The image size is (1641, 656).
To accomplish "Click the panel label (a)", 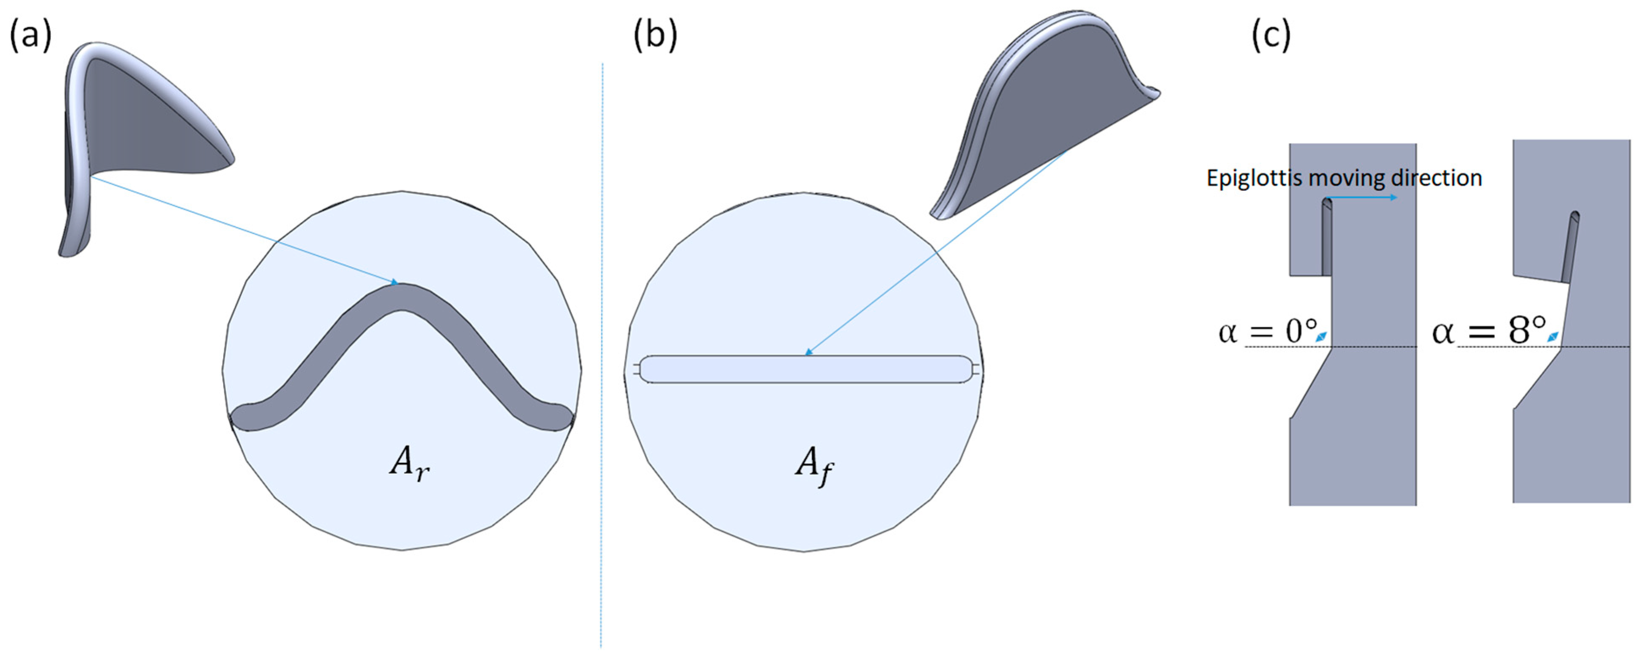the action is pyautogui.click(x=30, y=35).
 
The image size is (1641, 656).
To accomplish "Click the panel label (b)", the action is pyautogui.click(x=655, y=35).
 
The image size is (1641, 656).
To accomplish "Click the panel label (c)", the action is pyautogui.click(x=1271, y=35).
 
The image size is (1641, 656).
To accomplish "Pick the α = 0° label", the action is pyautogui.click(x=1267, y=332).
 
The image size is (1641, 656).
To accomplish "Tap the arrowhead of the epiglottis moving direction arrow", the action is pyautogui.click(x=1393, y=198).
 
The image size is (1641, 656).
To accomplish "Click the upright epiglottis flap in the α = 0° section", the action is pyautogui.click(x=1326, y=239).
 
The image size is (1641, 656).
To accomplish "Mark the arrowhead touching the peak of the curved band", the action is pyautogui.click(x=395, y=282).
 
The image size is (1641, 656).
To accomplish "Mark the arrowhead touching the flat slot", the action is pyautogui.click(x=808, y=353).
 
